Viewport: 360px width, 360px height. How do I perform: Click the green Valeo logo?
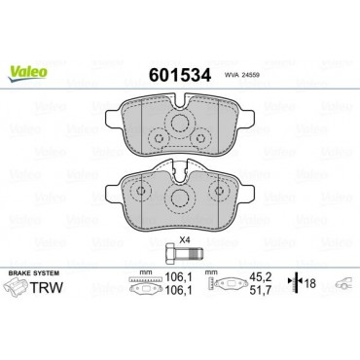[x=27, y=73]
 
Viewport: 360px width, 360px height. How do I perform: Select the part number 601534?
[x=180, y=75]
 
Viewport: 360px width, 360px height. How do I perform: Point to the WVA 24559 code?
[x=241, y=75]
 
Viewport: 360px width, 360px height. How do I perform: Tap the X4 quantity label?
[x=185, y=240]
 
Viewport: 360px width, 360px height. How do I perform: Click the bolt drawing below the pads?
[x=184, y=253]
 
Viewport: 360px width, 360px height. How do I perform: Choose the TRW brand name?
[x=47, y=287]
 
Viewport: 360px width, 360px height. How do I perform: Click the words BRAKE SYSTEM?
[x=34, y=273]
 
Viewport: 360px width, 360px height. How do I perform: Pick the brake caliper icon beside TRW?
[x=16, y=288]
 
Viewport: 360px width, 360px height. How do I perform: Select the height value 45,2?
[x=261, y=276]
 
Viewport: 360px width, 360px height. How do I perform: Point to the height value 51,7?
[x=261, y=291]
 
